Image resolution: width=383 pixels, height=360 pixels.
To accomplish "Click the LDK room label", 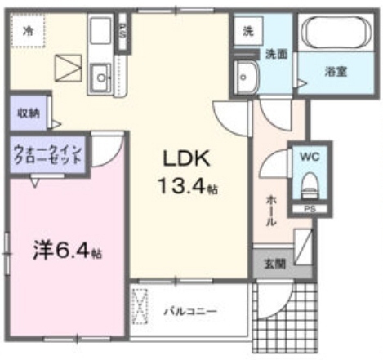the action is [186, 158].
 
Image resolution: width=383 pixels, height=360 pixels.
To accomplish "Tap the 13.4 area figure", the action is [188, 186].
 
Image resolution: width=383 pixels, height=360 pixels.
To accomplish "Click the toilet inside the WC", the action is [310, 184].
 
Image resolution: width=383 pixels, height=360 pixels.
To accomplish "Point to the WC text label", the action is [310, 157].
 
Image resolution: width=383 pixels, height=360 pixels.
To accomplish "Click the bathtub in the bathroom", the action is [336, 33].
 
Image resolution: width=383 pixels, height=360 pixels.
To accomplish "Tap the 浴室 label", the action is [336, 71].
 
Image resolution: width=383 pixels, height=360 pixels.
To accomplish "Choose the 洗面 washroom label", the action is [276, 55].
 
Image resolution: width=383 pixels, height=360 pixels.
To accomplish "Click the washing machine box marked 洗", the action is [248, 31].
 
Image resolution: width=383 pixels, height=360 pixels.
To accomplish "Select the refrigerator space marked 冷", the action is [28, 30].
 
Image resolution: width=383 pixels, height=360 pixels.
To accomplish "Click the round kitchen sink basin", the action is [101, 78].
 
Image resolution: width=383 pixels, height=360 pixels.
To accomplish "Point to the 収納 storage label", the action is [29, 113].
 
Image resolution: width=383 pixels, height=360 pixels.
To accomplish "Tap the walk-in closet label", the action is [48, 154].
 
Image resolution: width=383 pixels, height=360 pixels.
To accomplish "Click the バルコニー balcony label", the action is [190, 311].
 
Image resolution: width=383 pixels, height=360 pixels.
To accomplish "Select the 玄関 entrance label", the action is [275, 264].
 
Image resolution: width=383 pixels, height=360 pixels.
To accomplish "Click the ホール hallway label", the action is [271, 210].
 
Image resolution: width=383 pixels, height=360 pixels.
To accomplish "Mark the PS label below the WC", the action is [310, 209].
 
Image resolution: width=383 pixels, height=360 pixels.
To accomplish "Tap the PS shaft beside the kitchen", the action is [122, 32].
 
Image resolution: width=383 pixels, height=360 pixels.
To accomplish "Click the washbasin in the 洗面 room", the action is [246, 78].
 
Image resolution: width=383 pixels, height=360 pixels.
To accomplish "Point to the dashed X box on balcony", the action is [140, 306].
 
